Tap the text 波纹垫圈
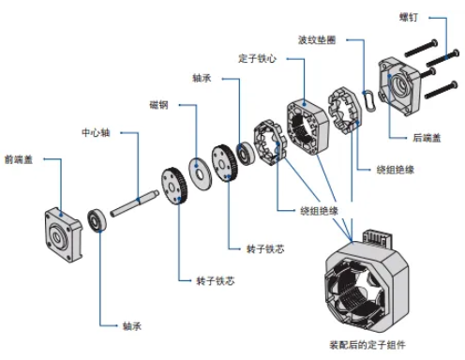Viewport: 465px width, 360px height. pyautogui.click(x=317, y=40)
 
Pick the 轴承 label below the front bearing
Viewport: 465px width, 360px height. pyautogui.click(x=132, y=327)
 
